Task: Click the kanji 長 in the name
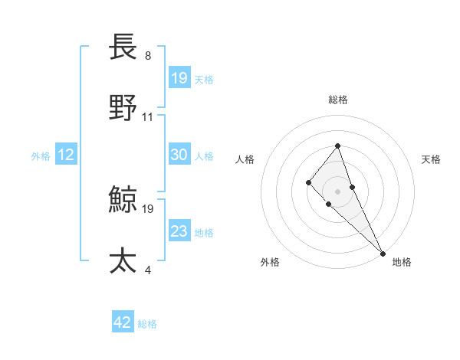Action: (123, 47)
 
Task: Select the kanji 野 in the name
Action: (123, 108)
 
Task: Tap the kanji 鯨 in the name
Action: (123, 201)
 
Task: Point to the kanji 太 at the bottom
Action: (123, 260)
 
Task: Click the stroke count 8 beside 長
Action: (148, 56)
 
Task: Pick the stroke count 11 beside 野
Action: (148, 116)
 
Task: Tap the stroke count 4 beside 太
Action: (147, 269)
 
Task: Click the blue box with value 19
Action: (179, 78)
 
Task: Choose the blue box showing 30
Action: (179, 155)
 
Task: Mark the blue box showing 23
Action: (179, 231)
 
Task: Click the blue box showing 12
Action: (65, 155)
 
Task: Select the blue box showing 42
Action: (123, 322)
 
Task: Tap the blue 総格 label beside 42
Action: (147, 324)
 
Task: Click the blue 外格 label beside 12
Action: (41, 156)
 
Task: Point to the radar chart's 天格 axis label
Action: (431, 159)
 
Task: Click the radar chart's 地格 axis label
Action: (402, 262)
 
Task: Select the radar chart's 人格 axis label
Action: (245, 159)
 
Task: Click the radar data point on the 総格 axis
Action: (337, 145)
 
